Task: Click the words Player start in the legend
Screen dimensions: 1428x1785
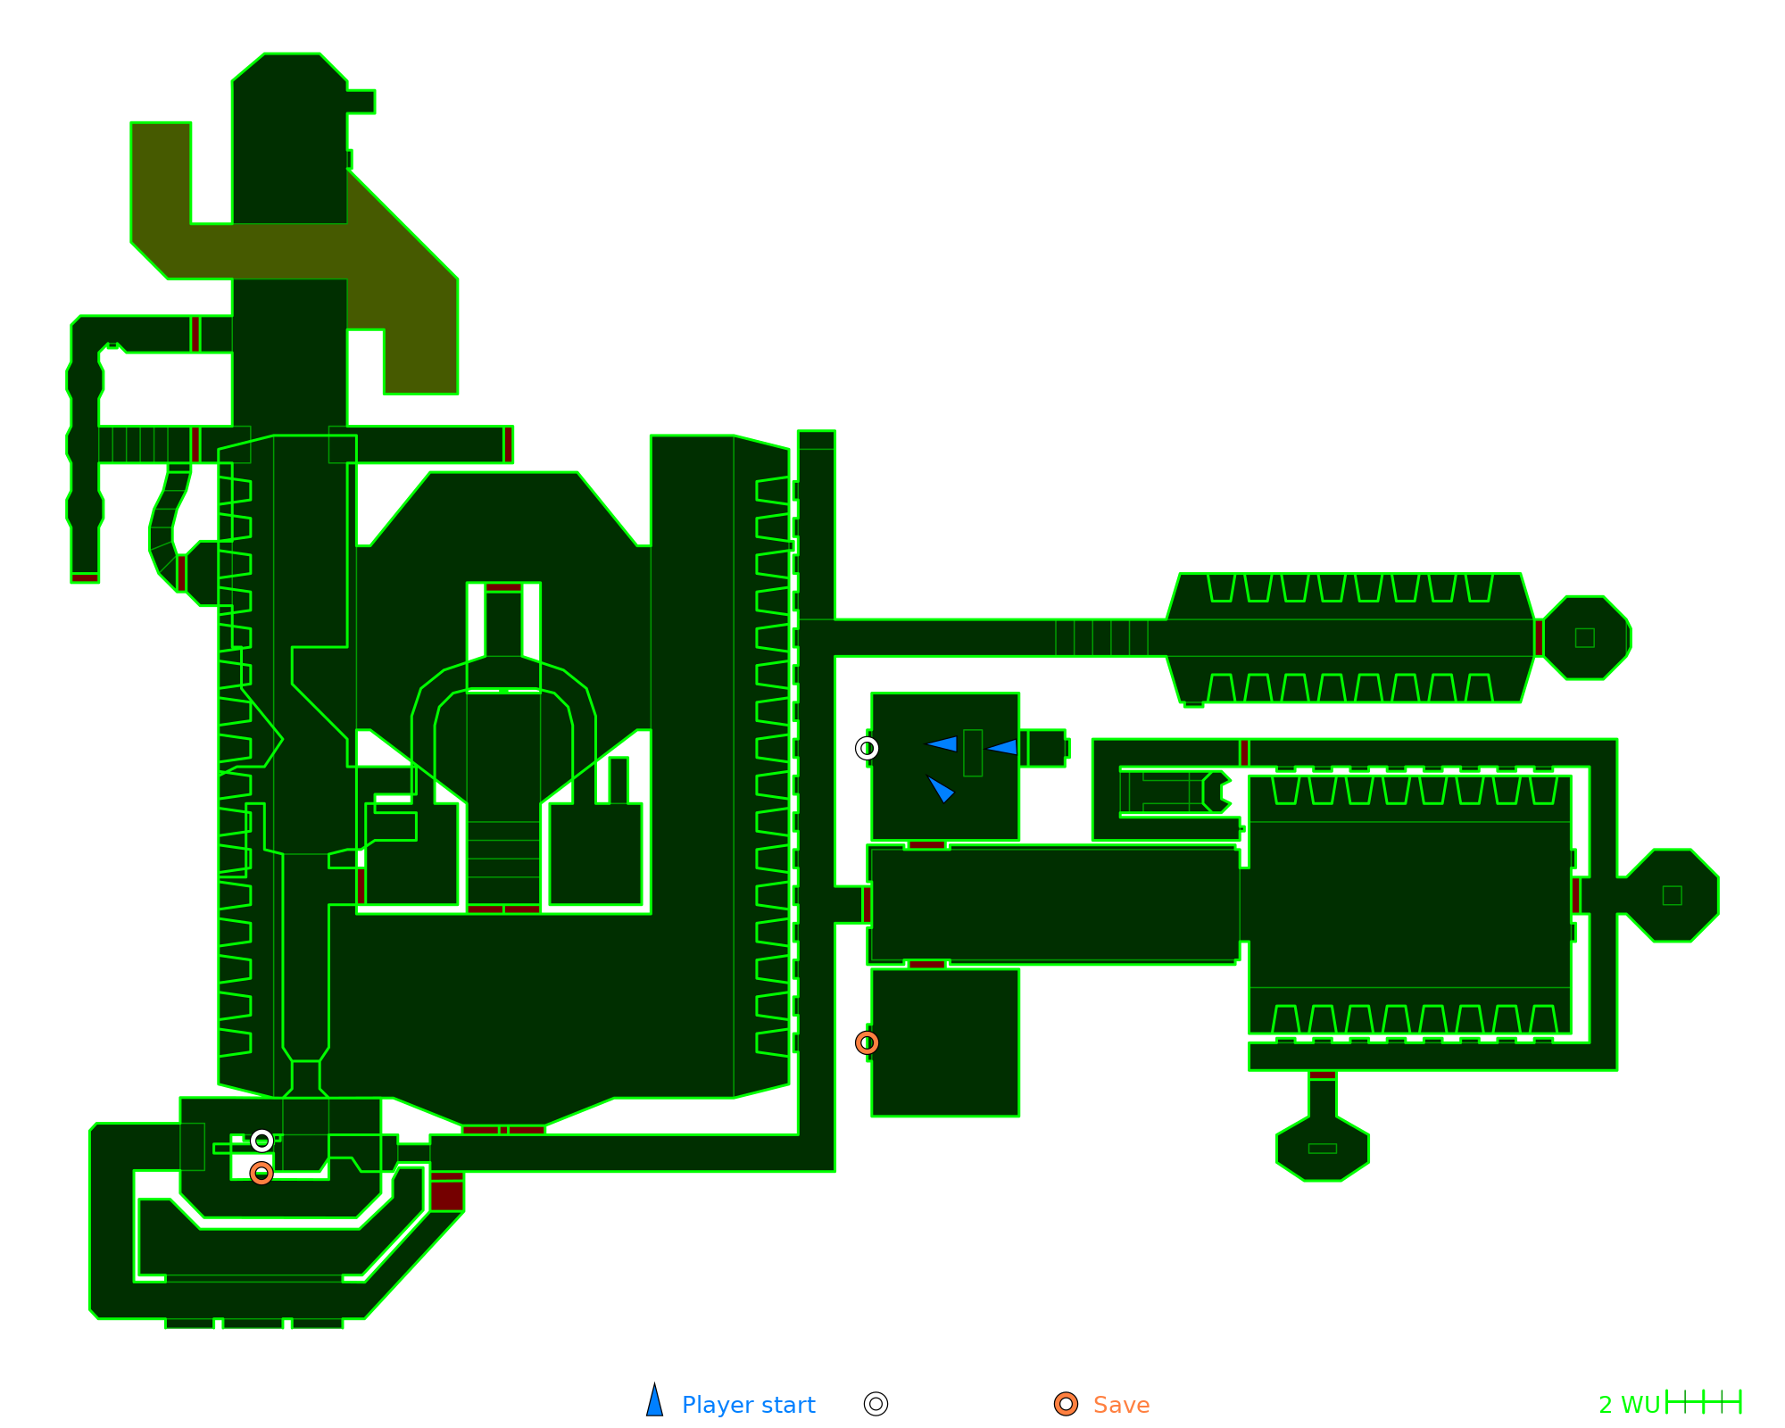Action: tap(748, 1405)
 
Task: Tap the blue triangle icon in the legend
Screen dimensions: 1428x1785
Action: tap(655, 1402)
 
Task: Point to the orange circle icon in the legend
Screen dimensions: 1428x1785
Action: tap(1066, 1404)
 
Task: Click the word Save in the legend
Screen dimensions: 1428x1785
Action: tap(1121, 1405)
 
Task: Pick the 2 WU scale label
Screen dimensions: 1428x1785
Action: tap(1629, 1405)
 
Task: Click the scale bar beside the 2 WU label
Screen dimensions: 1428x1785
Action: tap(1704, 1402)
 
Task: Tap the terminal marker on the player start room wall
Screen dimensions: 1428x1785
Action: tap(867, 748)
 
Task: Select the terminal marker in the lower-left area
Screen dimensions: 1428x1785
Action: tap(262, 1141)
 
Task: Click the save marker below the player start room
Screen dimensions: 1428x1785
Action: tap(867, 1042)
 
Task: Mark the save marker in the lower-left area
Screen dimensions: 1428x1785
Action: tap(262, 1173)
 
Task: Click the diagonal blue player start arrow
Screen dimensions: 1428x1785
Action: tap(941, 789)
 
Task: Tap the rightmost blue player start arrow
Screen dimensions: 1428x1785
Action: tap(1002, 746)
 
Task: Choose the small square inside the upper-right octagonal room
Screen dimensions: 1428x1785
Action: tap(1585, 637)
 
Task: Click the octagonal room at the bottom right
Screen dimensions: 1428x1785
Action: tap(1323, 1148)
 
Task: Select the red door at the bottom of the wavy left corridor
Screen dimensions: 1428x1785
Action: tap(85, 578)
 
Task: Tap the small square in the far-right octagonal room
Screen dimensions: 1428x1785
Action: tap(1673, 895)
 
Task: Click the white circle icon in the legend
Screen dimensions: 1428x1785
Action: tap(876, 1404)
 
